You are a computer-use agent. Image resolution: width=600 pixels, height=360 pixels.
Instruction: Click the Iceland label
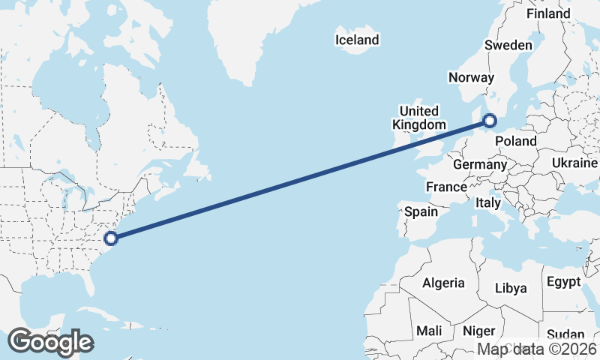click(358, 40)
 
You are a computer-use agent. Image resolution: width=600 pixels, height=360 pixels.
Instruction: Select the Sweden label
click(508, 45)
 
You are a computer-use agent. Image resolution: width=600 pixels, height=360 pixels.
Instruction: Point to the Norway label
click(471, 77)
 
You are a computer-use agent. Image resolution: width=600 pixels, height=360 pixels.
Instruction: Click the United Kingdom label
click(419, 118)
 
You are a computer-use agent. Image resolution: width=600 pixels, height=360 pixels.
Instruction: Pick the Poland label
click(515, 141)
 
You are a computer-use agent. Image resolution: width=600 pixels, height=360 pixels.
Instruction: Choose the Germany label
click(480, 164)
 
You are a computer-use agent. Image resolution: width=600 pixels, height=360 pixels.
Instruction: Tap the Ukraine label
click(574, 163)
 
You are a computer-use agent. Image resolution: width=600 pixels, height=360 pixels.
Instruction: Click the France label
click(447, 186)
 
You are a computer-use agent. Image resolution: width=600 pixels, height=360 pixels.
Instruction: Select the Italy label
click(488, 202)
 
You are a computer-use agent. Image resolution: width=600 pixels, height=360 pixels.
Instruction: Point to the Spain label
click(421, 211)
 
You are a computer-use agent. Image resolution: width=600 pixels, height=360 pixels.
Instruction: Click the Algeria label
click(443, 283)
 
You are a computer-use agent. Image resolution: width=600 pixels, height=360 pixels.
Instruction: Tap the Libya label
click(511, 288)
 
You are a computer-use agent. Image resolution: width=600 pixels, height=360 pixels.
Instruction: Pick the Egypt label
click(564, 282)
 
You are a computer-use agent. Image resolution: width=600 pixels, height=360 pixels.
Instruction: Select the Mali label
click(429, 331)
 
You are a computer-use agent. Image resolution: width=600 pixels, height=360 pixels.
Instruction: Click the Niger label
click(479, 331)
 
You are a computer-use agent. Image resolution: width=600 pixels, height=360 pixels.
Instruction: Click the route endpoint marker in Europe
click(490, 120)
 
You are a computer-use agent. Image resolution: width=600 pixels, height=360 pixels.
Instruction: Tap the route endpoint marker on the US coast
click(111, 238)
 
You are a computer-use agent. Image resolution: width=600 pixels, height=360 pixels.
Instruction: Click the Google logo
click(50, 342)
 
